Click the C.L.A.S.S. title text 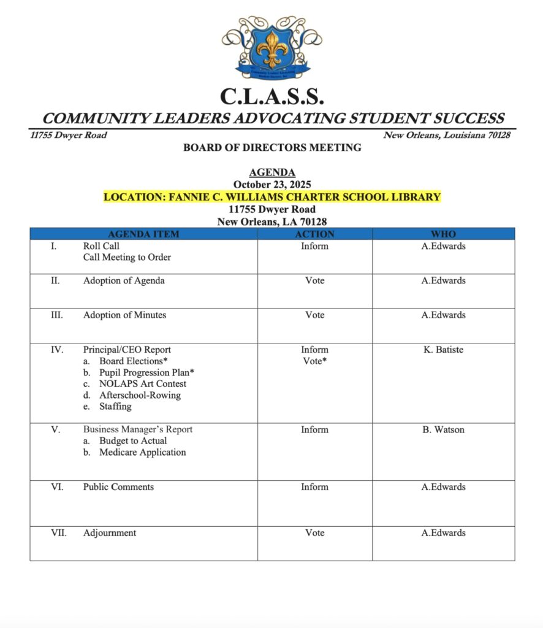[271, 96]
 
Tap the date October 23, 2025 [271, 185]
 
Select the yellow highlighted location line [271, 197]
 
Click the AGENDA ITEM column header [143, 234]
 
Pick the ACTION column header [314, 234]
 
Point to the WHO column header [443, 234]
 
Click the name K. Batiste [442, 350]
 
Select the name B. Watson [442, 429]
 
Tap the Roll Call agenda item [101, 246]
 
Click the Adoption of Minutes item [124, 315]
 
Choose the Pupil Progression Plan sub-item [146, 372]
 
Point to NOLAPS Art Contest [142, 384]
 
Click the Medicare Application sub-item [142, 453]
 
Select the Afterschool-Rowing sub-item [140, 395]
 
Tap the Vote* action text [314, 361]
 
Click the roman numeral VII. [59, 533]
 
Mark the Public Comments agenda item [118, 487]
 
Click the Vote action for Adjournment [314, 533]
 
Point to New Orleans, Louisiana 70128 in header [446, 135]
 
